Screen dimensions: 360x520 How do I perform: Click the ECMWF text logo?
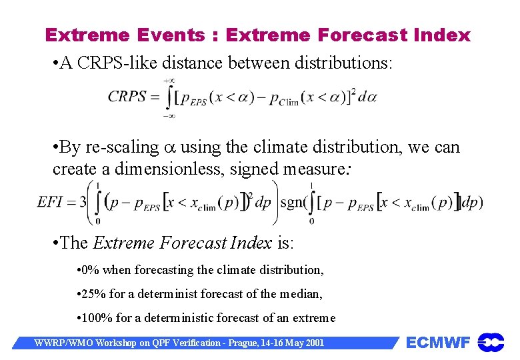438,343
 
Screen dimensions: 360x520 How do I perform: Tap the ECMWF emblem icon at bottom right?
491,343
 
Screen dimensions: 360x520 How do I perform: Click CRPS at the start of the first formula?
127,96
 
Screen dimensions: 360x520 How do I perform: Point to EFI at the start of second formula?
50,201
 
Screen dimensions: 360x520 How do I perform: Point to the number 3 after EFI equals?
82,201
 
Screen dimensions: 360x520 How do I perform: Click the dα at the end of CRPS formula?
367,97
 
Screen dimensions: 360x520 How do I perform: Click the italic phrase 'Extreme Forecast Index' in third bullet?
182,243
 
